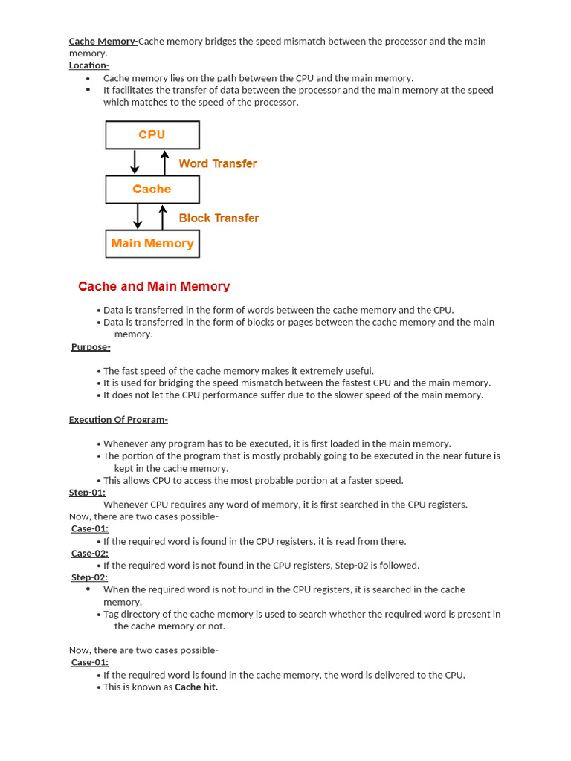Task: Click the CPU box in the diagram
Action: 152,135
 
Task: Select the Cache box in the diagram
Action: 152,189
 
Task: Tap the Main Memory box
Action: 152,243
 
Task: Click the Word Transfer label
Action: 217,163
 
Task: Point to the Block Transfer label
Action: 219,218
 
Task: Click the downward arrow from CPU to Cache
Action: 135,161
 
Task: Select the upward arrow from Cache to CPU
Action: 165,161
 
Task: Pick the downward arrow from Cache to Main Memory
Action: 138,216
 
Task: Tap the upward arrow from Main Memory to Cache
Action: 163,216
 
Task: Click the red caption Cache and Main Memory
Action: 154,286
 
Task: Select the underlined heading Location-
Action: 89,65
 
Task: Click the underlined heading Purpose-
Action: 91,346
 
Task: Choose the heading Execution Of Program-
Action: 118,419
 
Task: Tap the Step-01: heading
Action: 87,492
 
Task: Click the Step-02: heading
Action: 89,577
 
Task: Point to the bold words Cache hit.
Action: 196,687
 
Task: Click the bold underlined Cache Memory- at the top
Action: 103,42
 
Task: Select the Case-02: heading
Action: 89,553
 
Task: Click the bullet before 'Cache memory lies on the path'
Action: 88,78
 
